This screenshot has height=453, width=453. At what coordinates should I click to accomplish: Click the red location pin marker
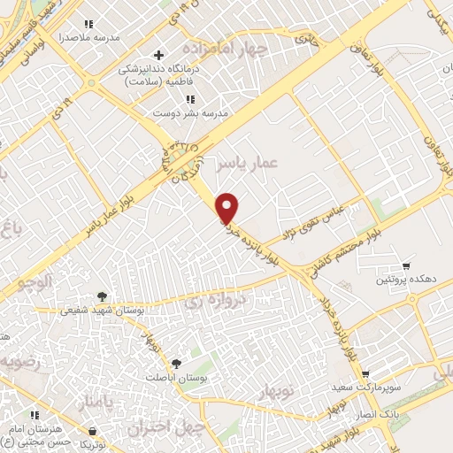pos(228,208)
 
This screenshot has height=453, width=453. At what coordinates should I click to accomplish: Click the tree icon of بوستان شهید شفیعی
pos(102,296)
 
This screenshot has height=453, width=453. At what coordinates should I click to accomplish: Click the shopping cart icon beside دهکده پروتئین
pos(406,265)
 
